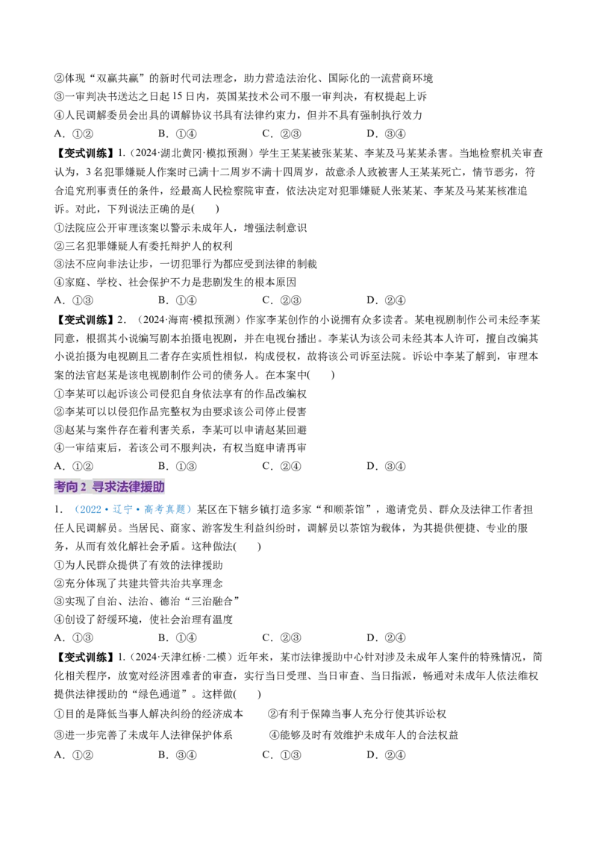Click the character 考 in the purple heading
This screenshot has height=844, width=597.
tap(60, 487)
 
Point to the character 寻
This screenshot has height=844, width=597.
tap(98, 487)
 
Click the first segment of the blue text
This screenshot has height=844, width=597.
tap(89, 511)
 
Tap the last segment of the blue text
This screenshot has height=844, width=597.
tap(166, 511)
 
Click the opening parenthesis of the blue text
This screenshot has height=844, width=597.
tap(75, 511)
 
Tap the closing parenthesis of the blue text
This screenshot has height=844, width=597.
tap(189, 511)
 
